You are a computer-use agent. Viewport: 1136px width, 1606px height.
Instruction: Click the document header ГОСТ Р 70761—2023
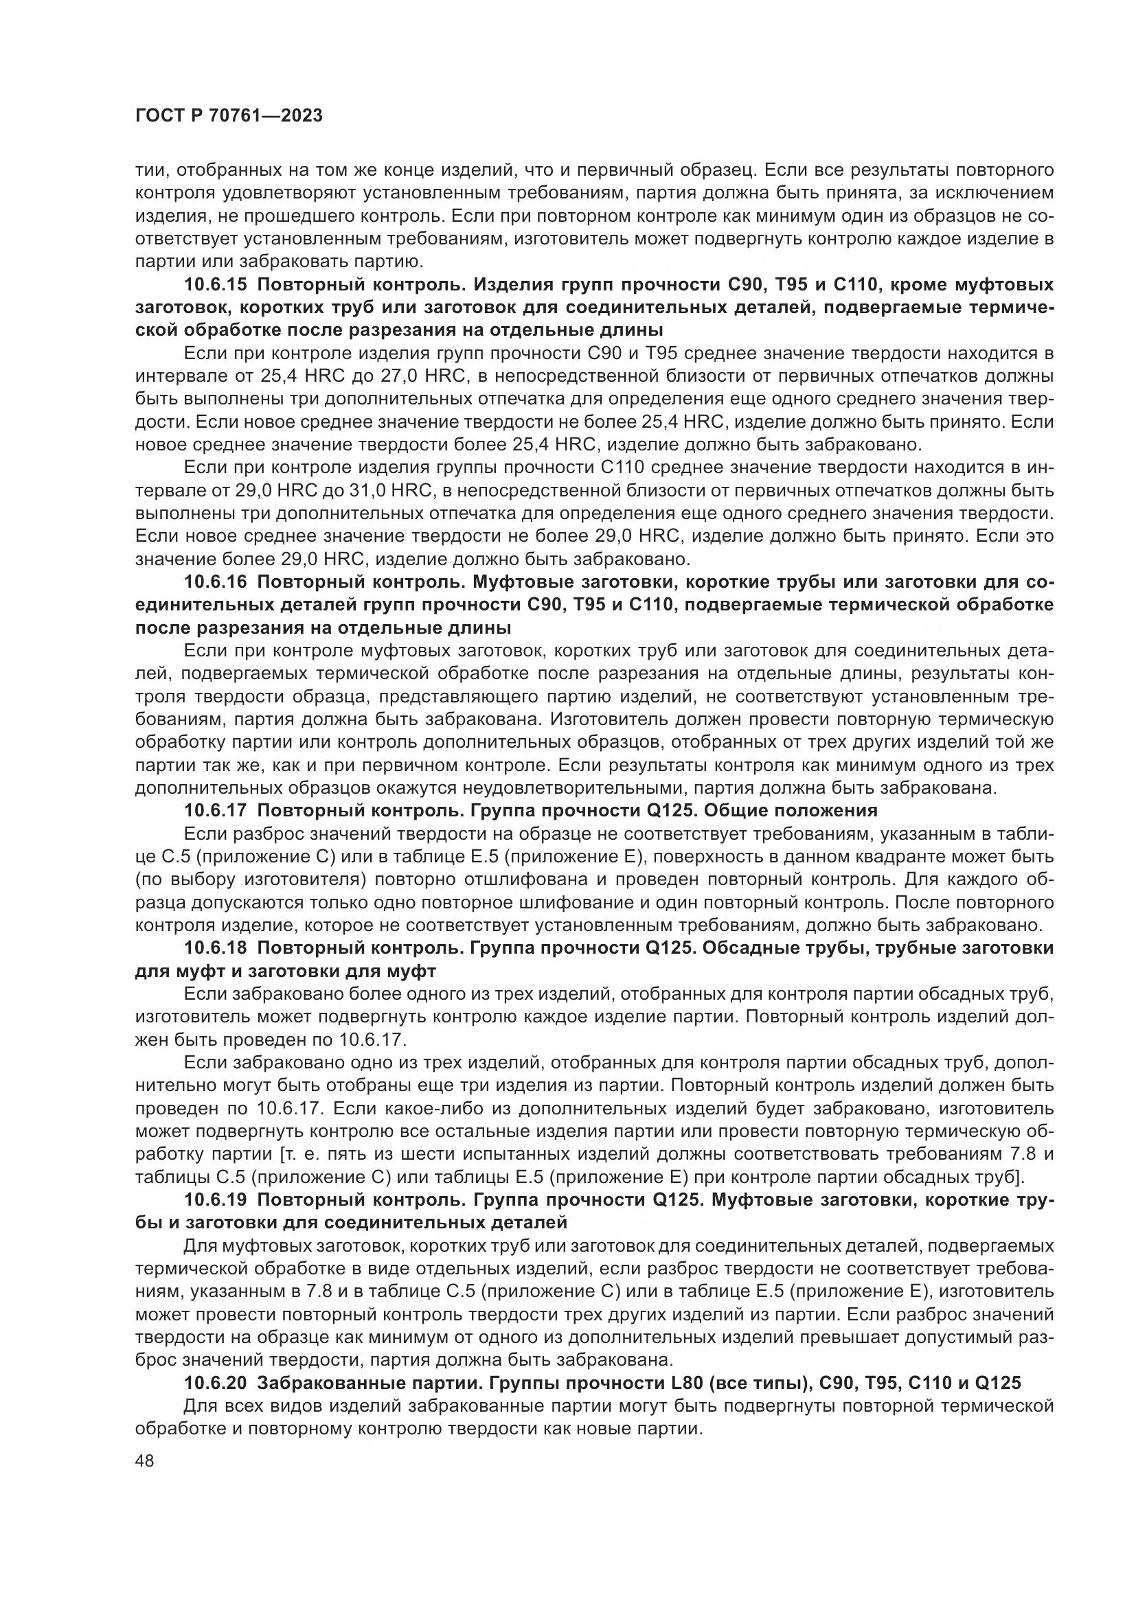[x=229, y=116]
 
